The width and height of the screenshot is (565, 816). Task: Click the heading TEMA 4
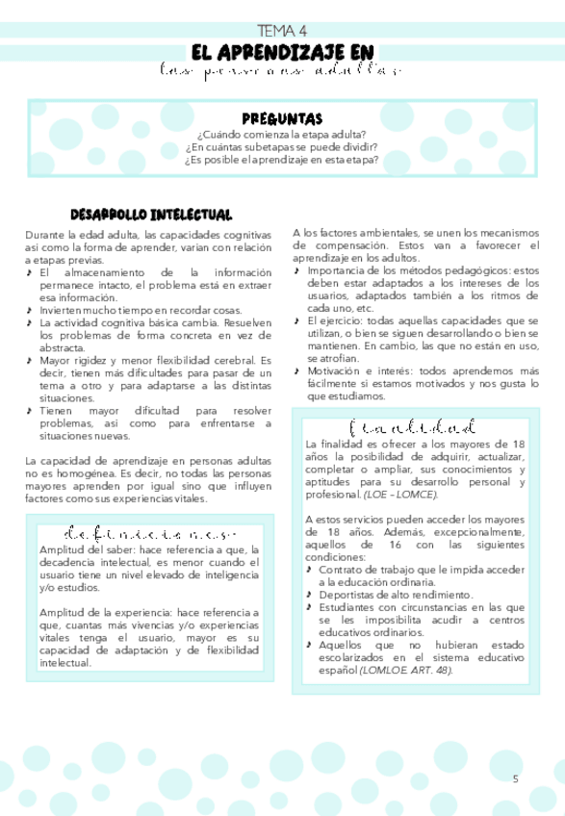(x=282, y=32)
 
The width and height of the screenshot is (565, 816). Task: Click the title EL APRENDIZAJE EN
(x=282, y=52)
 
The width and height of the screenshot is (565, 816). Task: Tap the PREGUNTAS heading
(x=282, y=119)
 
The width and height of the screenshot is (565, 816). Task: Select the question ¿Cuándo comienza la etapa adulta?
(x=282, y=135)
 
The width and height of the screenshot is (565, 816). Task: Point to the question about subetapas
(x=282, y=147)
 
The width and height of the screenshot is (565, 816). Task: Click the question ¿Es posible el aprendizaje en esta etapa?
(x=282, y=160)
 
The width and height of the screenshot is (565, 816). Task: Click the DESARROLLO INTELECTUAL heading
(x=151, y=214)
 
